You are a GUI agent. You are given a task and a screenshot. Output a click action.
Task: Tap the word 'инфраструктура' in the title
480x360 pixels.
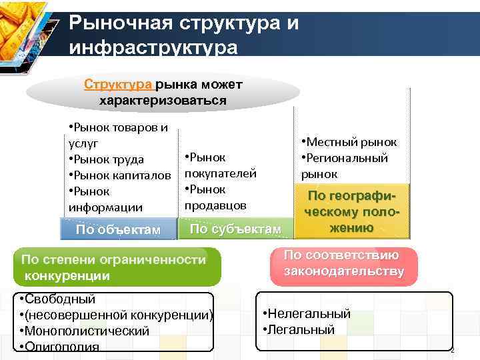[x=153, y=48]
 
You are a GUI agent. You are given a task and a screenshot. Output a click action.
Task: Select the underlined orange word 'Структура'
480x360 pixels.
[x=119, y=85]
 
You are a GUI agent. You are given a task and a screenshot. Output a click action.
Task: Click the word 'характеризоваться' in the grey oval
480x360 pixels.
[x=163, y=101]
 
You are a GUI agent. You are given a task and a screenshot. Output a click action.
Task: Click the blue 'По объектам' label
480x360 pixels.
[x=119, y=230]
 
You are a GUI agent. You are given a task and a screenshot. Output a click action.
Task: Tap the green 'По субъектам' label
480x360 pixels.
[x=235, y=229]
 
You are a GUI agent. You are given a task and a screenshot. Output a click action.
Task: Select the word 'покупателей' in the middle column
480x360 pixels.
[x=221, y=173]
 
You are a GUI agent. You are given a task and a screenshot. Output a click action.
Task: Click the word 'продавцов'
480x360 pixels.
[x=215, y=205]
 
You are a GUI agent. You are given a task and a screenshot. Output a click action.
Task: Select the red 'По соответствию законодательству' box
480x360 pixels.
[x=344, y=263]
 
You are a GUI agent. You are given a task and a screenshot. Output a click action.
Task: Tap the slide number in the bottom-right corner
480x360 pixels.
[x=451, y=351]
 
